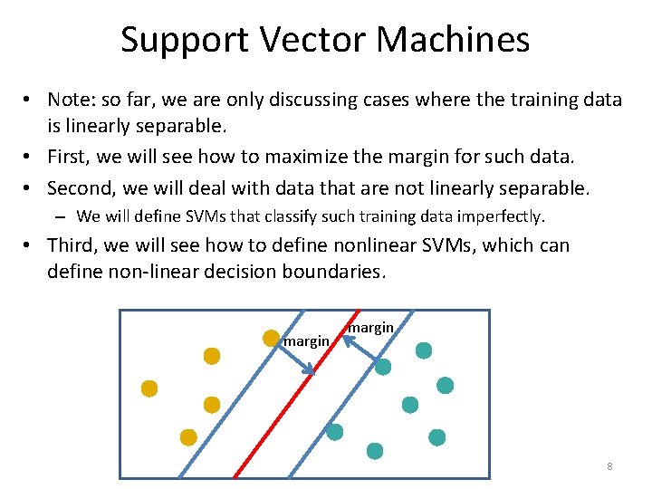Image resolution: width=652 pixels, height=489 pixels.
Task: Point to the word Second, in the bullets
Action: point(82,188)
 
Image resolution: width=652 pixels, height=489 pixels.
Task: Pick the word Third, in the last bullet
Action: point(75,245)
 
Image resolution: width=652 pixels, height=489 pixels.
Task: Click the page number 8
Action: point(609,466)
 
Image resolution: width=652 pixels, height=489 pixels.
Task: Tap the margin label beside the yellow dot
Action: point(306,341)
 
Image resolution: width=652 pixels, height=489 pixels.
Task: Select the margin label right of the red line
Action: point(370,327)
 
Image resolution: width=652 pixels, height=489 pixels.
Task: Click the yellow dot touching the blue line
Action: point(270,338)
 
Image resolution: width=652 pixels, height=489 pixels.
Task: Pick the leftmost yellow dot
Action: point(149,388)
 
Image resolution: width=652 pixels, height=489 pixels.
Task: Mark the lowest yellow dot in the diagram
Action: point(188,437)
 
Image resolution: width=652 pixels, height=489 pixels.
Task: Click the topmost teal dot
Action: point(424,350)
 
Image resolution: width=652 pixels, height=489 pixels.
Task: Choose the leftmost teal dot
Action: point(334,432)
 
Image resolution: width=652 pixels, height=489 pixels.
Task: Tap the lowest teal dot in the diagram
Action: point(374,450)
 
